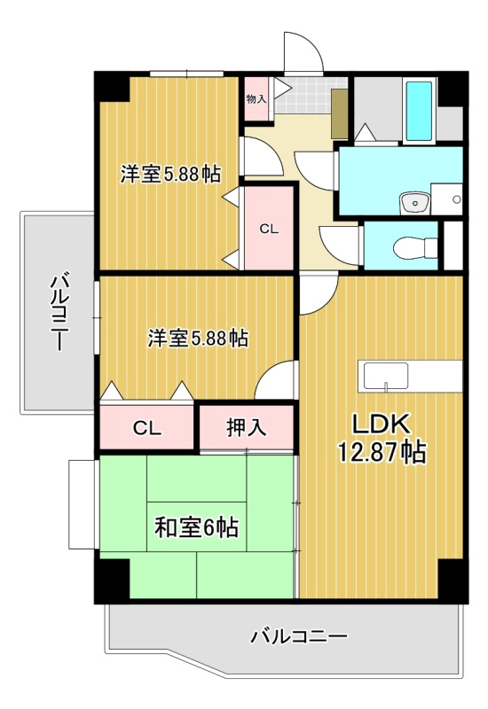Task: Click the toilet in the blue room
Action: [415, 248]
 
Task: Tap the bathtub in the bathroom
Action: [419, 112]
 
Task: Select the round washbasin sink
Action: [415, 202]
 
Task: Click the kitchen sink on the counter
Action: [386, 376]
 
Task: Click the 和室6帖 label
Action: [196, 527]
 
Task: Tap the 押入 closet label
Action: [247, 427]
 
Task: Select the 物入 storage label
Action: [256, 98]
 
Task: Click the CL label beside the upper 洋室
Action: [269, 230]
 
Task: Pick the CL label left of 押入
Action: [147, 428]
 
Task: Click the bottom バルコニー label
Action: [299, 637]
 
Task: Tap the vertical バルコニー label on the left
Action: [59, 312]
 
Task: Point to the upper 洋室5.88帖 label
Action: [170, 174]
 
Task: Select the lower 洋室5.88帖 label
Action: [198, 338]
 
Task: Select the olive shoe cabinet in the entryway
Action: [338, 113]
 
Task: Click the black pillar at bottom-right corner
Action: [453, 580]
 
